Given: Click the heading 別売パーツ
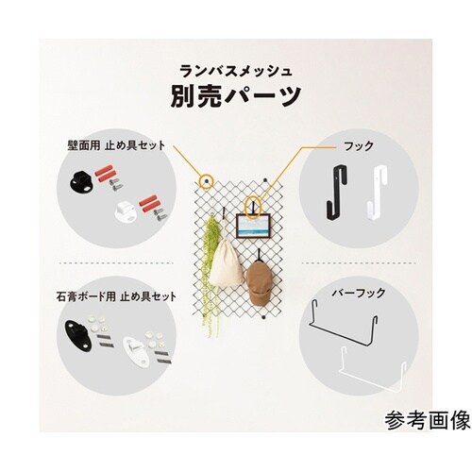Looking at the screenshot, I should pyautogui.click(x=236, y=94).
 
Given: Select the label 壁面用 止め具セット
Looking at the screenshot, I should pyautogui.click(x=115, y=145).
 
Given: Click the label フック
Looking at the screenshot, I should pyautogui.click(x=362, y=146).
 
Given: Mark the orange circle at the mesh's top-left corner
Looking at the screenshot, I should pyautogui.click(x=206, y=178).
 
